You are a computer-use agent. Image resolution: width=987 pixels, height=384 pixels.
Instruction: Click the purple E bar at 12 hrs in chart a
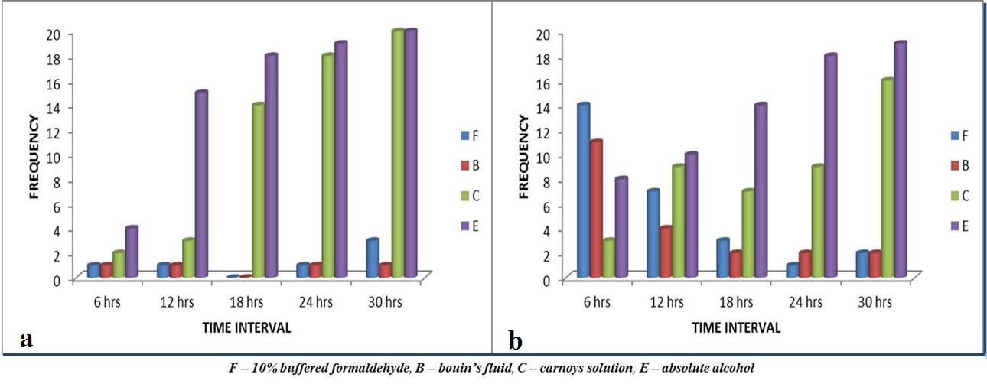202,184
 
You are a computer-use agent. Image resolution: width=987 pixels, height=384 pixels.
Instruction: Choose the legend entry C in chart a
470,196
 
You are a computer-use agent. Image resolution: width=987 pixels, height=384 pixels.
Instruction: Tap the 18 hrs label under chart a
247,302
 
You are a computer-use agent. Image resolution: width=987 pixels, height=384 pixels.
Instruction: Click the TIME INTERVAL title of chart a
246,327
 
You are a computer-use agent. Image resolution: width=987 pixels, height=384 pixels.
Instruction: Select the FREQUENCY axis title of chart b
523,157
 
